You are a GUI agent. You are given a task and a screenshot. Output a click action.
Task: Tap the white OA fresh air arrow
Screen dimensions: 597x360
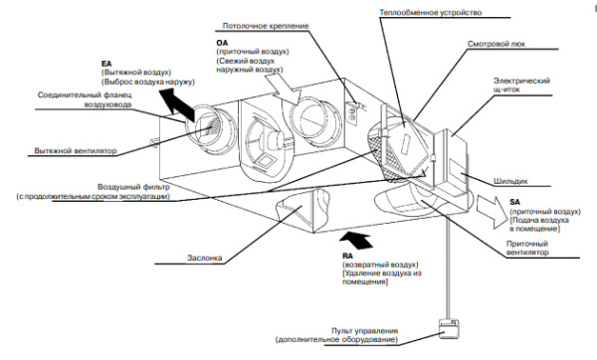tap(284, 89)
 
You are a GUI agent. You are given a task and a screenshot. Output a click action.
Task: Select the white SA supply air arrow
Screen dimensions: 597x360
tap(493, 211)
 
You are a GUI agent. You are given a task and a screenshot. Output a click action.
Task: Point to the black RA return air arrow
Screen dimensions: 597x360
tap(356, 241)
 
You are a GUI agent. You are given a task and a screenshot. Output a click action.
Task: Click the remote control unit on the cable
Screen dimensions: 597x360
tap(449, 329)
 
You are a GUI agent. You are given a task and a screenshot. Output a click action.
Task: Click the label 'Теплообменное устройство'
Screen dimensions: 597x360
tap(430, 13)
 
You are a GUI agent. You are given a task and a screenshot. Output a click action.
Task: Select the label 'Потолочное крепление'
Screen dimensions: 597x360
tap(266, 26)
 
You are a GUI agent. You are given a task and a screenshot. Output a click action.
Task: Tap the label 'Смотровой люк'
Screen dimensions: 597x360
tap(497, 44)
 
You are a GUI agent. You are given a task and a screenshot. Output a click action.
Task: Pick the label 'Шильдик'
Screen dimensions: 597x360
tap(510, 181)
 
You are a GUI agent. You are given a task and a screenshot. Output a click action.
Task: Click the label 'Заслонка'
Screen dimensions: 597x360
tap(204, 258)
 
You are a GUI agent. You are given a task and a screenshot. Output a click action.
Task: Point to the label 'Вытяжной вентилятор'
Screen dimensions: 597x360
tap(76, 151)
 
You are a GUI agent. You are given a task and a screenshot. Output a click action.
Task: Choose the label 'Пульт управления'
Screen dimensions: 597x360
tap(364, 331)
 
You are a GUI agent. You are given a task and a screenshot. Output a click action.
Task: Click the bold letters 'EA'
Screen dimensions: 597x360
tap(106, 64)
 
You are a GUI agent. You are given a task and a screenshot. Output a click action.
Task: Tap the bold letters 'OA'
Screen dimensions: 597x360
tap(222, 43)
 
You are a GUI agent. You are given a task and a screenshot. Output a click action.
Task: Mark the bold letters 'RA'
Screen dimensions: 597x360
tap(347, 257)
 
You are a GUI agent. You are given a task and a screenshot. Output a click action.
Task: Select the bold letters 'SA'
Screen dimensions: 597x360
tap(514, 203)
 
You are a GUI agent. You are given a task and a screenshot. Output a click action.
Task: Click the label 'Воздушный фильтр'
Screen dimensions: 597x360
tap(133, 187)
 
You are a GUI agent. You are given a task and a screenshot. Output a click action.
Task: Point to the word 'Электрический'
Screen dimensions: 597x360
tap(521, 81)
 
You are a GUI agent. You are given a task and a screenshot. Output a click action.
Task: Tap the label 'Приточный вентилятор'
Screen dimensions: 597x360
tap(527, 248)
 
